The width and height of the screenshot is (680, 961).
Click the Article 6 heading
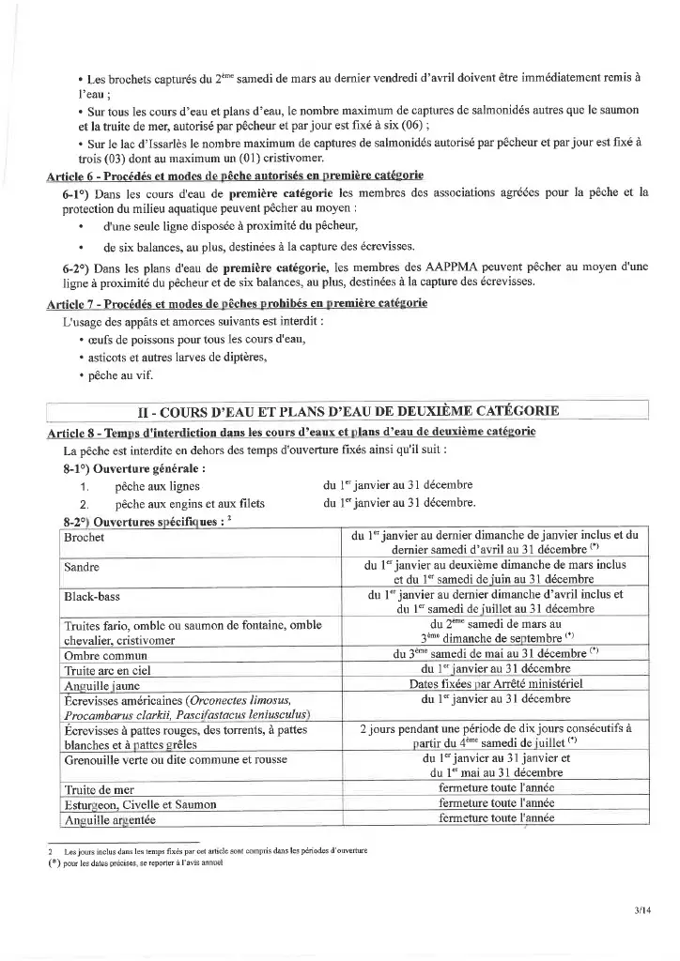click(x=235, y=175)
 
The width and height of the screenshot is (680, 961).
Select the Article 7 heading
click(x=237, y=303)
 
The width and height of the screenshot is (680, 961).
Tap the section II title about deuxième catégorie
click(x=348, y=411)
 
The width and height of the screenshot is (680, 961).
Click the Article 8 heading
click(x=291, y=431)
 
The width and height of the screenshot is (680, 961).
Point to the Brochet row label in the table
click(x=85, y=538)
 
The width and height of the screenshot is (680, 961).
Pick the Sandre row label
click(x=83, y=568)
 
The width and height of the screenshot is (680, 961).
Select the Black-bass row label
click(x=92, y=596)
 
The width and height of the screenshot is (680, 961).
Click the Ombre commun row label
click(x=105, y=654)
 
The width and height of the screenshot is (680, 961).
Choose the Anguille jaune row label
click(x=102, y=685)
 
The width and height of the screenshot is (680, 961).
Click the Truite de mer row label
click(x=101, y=789)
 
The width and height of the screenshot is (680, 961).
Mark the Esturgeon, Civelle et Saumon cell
click(x=140, y=804)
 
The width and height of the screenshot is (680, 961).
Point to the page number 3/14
click(x=641, y=909)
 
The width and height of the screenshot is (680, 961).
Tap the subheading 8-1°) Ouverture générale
click(x=134, y=467)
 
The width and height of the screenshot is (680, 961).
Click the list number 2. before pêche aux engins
click(x=85, y=504)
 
